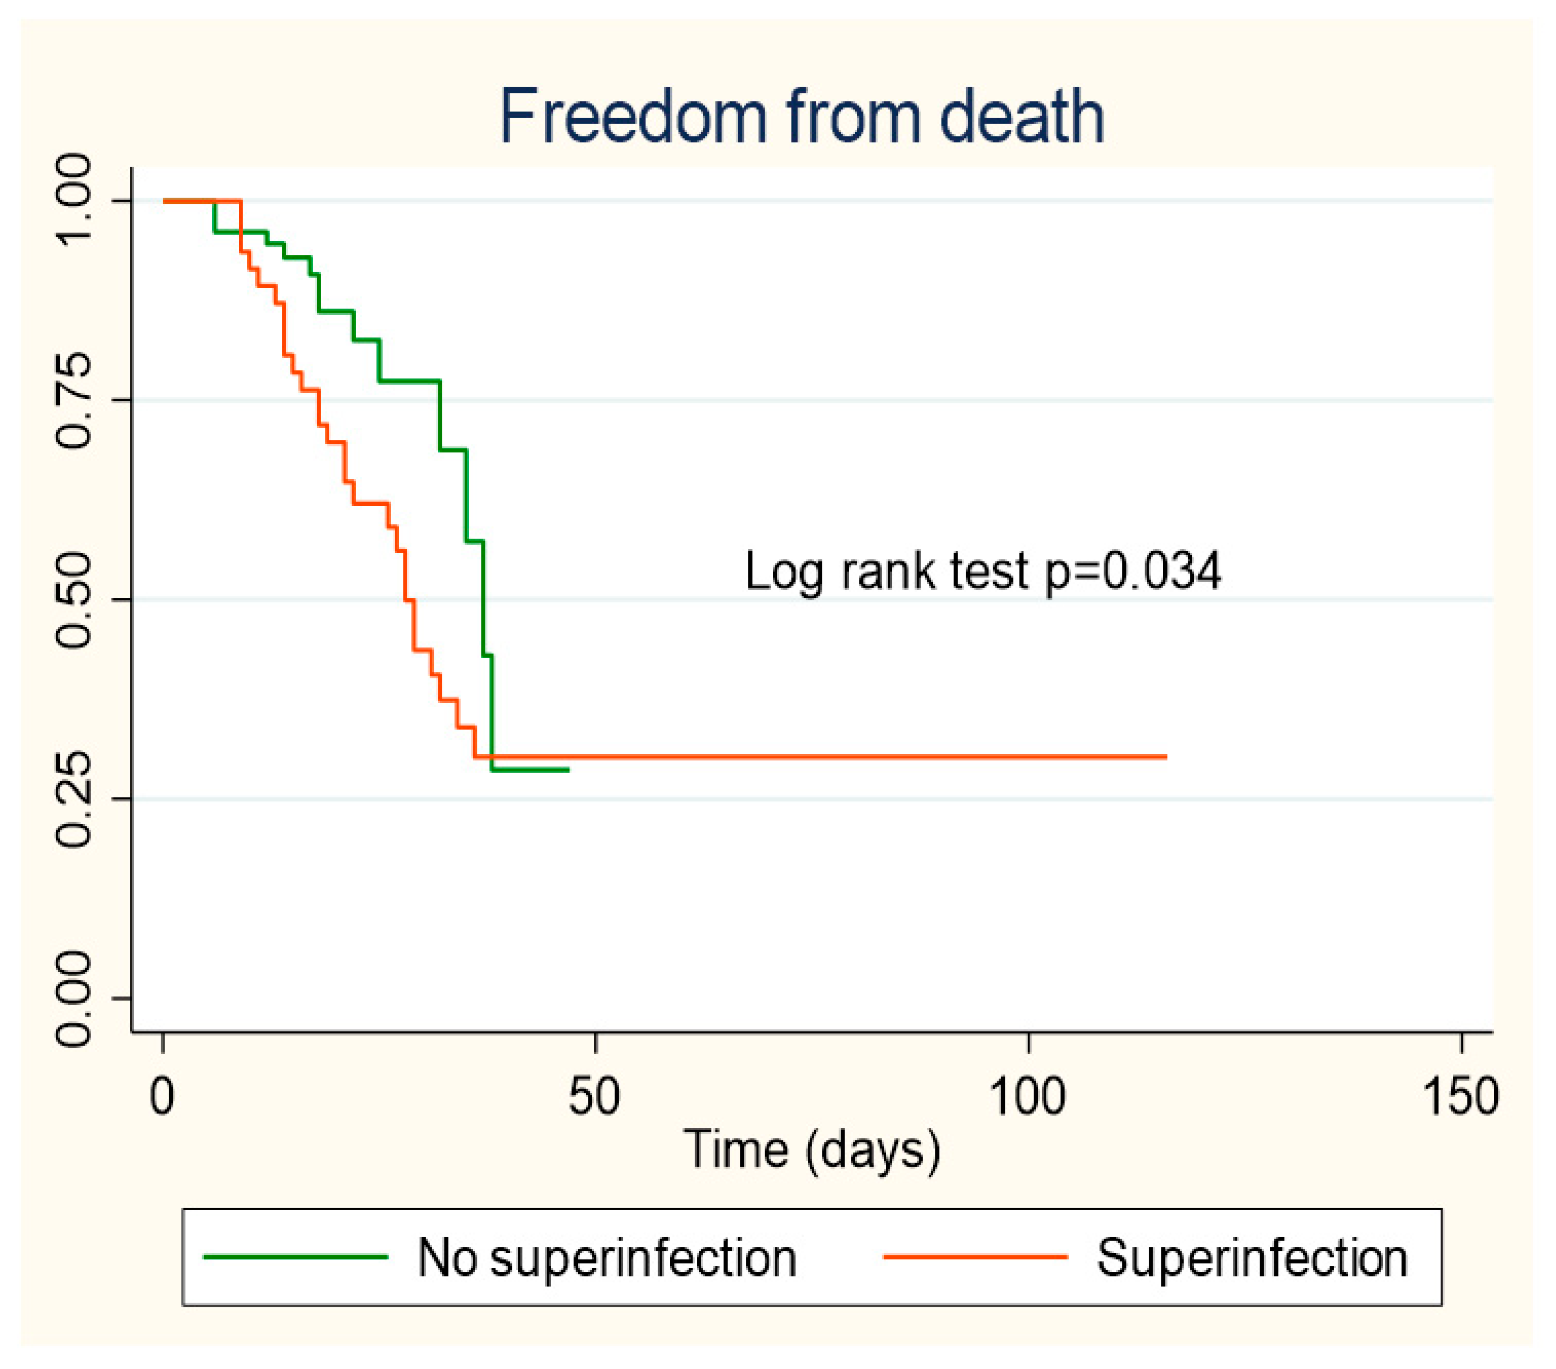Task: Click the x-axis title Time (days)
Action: click(812, 1150)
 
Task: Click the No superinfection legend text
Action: click(607, 1258)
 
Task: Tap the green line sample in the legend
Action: click(295, 1257)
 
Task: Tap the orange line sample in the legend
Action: click(975, 1257)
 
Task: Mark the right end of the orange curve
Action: click(1166, 757)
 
